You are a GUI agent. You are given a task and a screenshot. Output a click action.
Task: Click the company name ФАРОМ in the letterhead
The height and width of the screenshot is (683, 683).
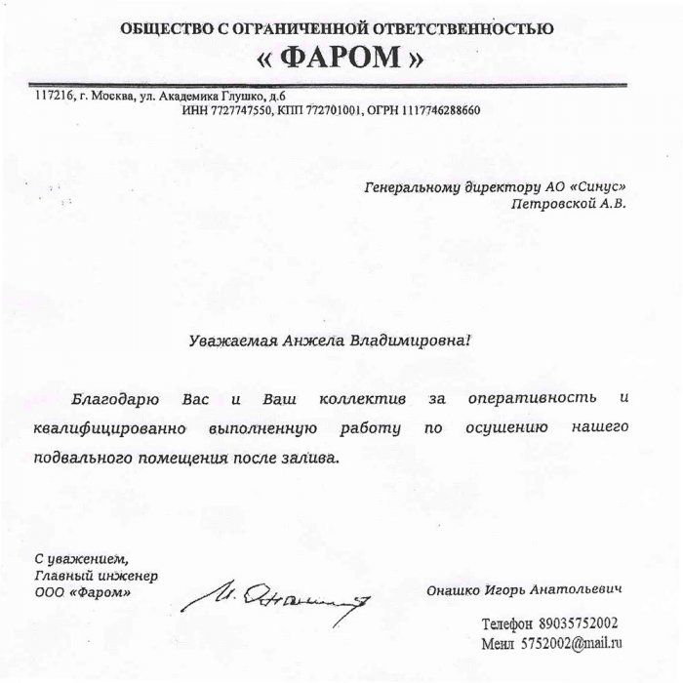[x=341, y=58]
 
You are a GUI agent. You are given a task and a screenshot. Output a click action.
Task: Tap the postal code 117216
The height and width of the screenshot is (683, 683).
[x=54, y=96]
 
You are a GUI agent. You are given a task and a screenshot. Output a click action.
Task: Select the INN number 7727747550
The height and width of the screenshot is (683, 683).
[x=241, y=110]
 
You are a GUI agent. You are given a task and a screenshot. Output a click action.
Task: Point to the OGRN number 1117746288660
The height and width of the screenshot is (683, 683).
[x=437, y=110]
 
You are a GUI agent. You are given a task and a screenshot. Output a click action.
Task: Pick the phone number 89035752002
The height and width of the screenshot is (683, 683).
[x=579, y=623]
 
